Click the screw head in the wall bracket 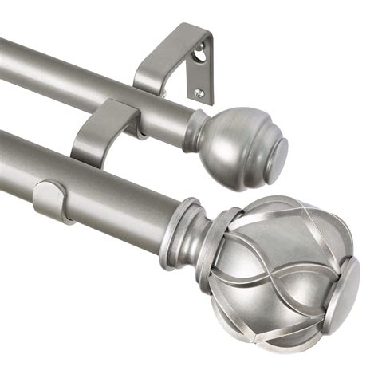click(x=199, y=93)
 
